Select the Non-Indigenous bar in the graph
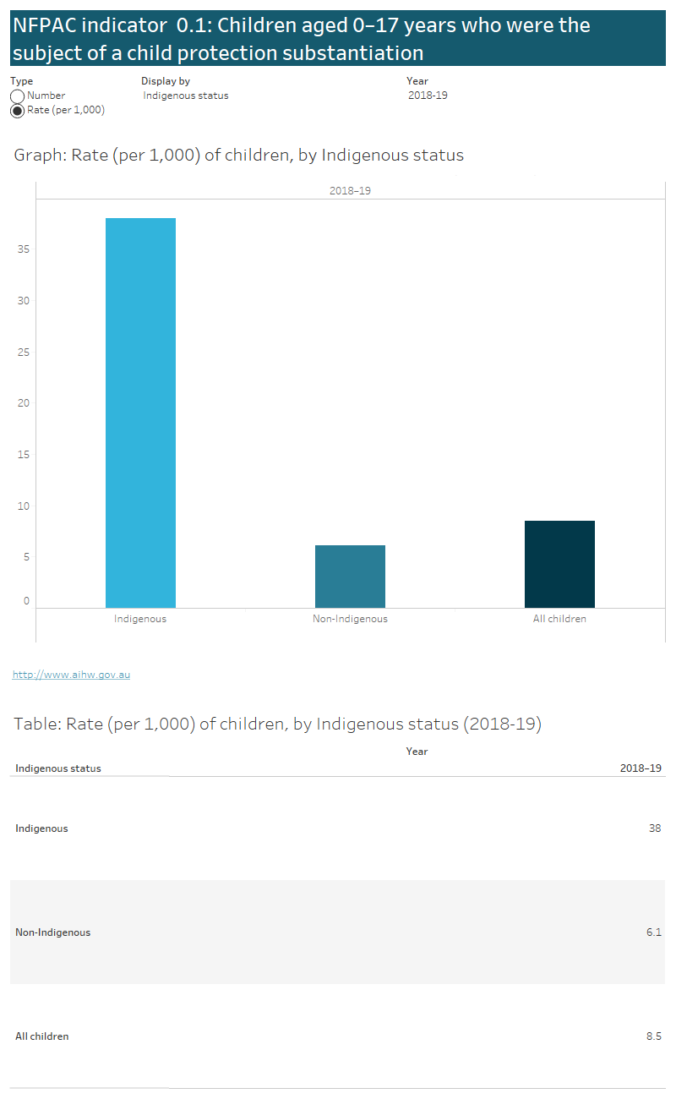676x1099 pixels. [x=350, y=577]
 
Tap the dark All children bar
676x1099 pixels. [x=559, y=564]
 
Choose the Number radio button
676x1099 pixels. [x=17, y=96]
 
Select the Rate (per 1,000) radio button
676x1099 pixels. [x=17, y=111]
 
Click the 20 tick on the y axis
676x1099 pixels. [x=24, y=403]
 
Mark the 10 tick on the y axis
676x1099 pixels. [x=24, y=506]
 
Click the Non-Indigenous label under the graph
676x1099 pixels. [x=350, y=619]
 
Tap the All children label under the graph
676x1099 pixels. [x=559, y=619]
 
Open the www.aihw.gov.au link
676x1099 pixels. [x=71, y=675]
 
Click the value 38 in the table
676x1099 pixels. [x=654, y=828]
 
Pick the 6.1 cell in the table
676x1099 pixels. [x=653, y=932]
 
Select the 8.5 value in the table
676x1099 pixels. [x=653, y=1036]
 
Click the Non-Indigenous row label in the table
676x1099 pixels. [x=52, y=932]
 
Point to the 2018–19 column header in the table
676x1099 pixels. [x=641, y=768]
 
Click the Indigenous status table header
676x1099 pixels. [x=58, y=768]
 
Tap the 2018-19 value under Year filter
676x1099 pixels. [x=428, y=96]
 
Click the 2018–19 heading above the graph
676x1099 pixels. [x=350, y=191]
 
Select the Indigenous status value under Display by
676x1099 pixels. [x=186, y=96]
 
